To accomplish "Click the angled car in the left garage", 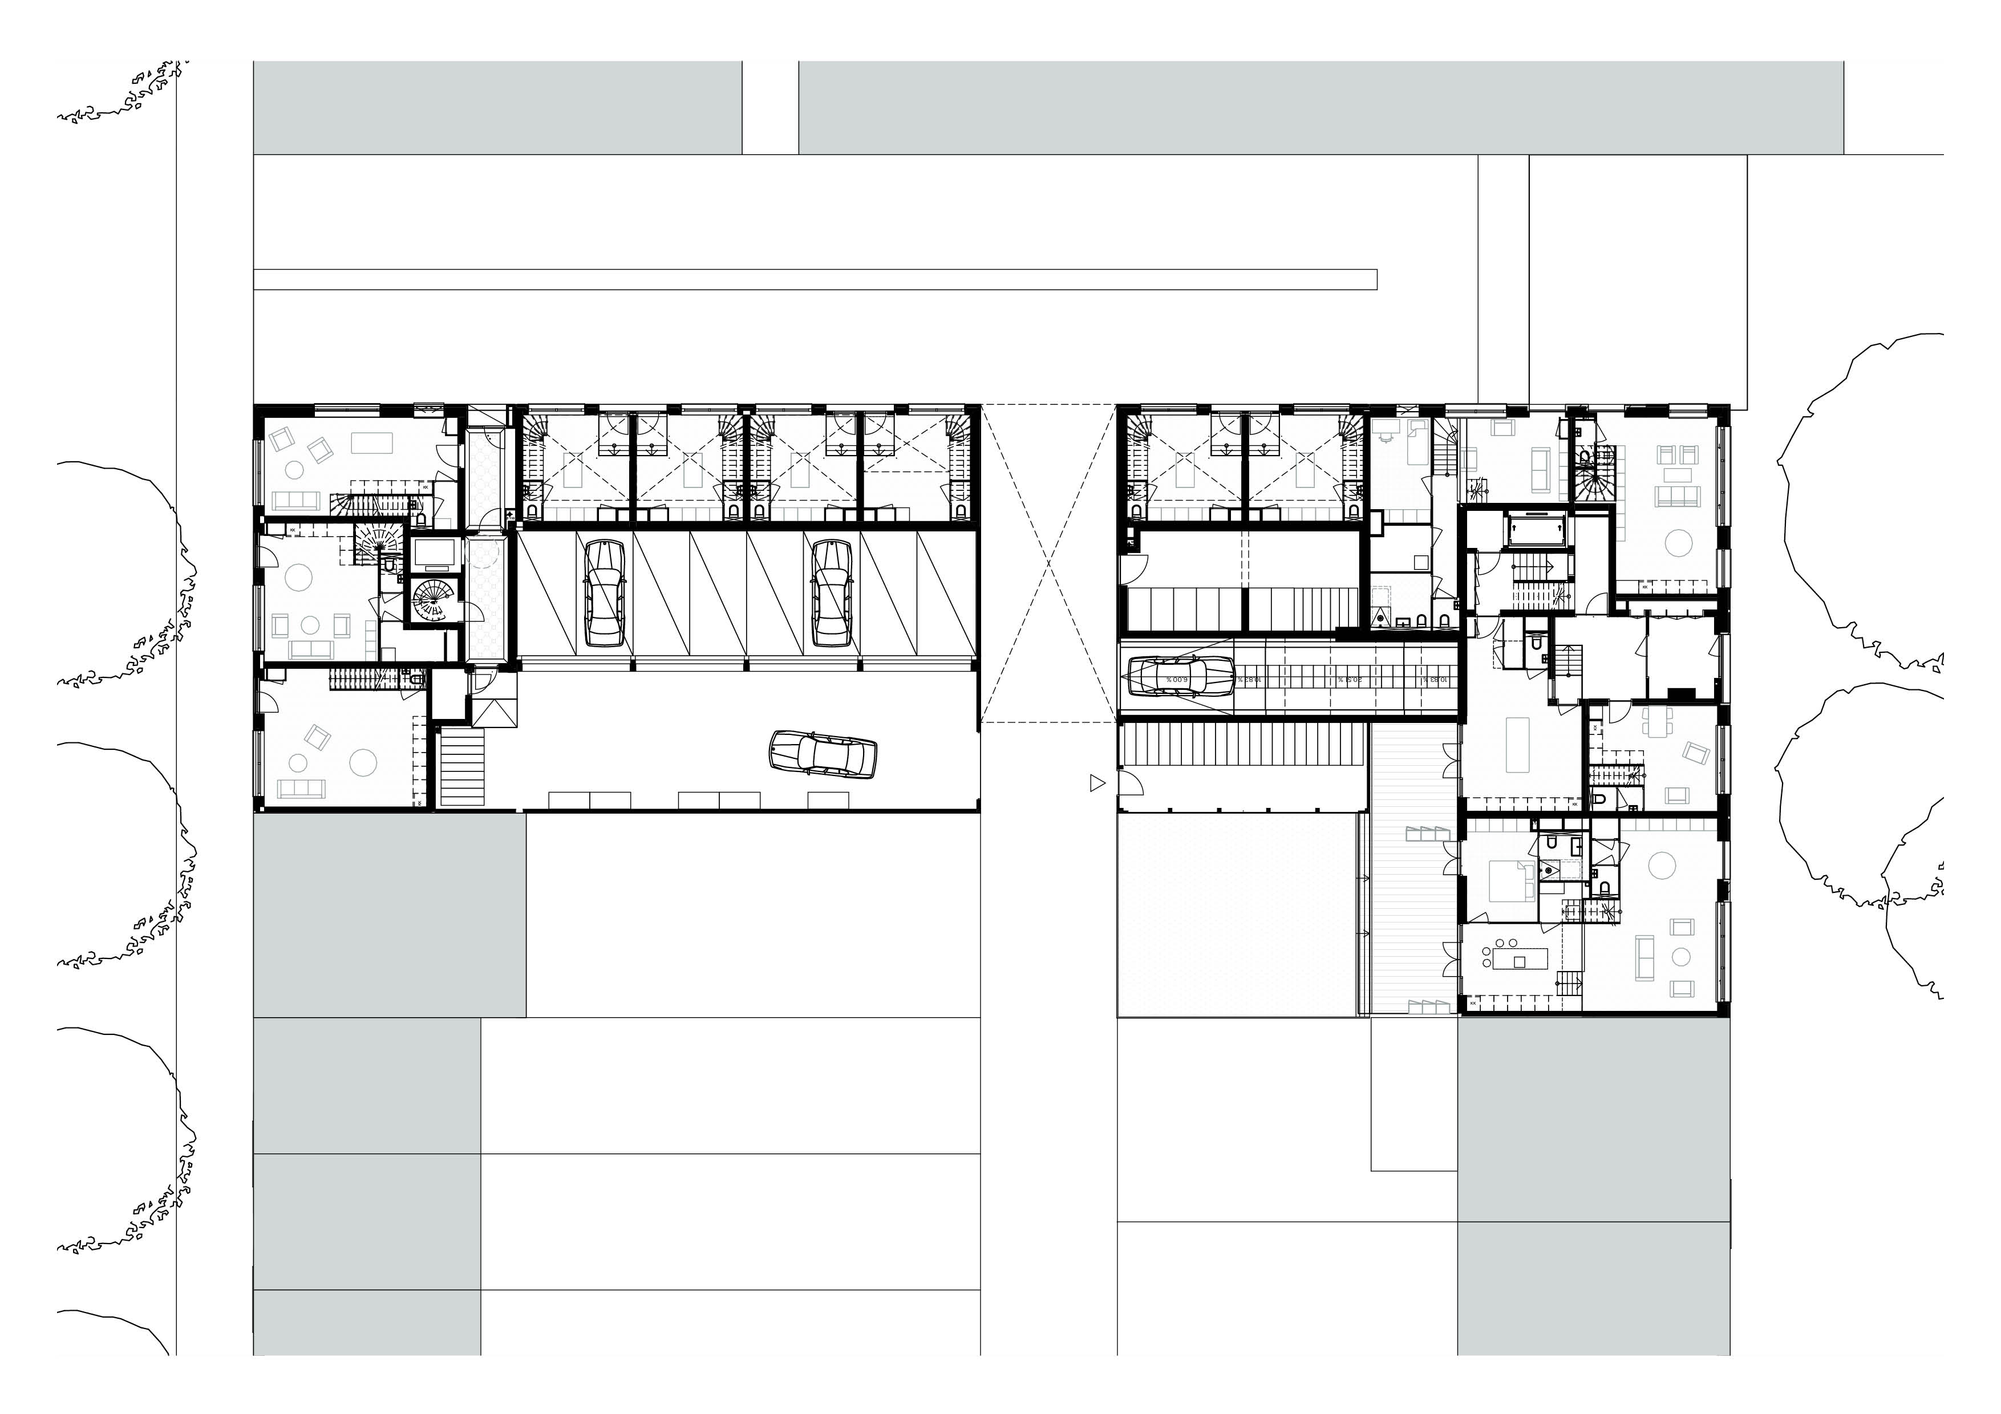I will pyautogui.click(x=823, y=753).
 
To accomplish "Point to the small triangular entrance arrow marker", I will pyautogui.click(x=1096, y=784).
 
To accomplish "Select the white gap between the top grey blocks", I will pyautogui.click(x=771, y=107).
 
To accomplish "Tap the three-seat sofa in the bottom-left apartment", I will pyautogui.click(x=301, y=789).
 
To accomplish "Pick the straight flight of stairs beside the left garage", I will pyautogui.click(x=462, y=767).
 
